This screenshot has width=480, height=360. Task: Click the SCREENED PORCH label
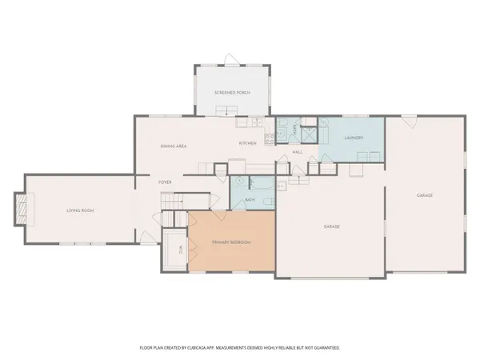232,93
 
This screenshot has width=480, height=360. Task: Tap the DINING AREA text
174,146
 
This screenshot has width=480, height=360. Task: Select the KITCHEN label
247,143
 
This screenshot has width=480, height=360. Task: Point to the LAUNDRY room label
354,138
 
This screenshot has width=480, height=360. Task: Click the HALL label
297,151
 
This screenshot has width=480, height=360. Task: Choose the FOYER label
166,182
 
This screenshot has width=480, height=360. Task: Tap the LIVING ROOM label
80,210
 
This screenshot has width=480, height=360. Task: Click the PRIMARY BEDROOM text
231,242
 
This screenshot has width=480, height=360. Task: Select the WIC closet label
181,250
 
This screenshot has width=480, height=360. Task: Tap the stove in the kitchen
270,138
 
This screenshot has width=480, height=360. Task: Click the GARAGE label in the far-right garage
424,195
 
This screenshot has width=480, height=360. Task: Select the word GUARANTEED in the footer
326,348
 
